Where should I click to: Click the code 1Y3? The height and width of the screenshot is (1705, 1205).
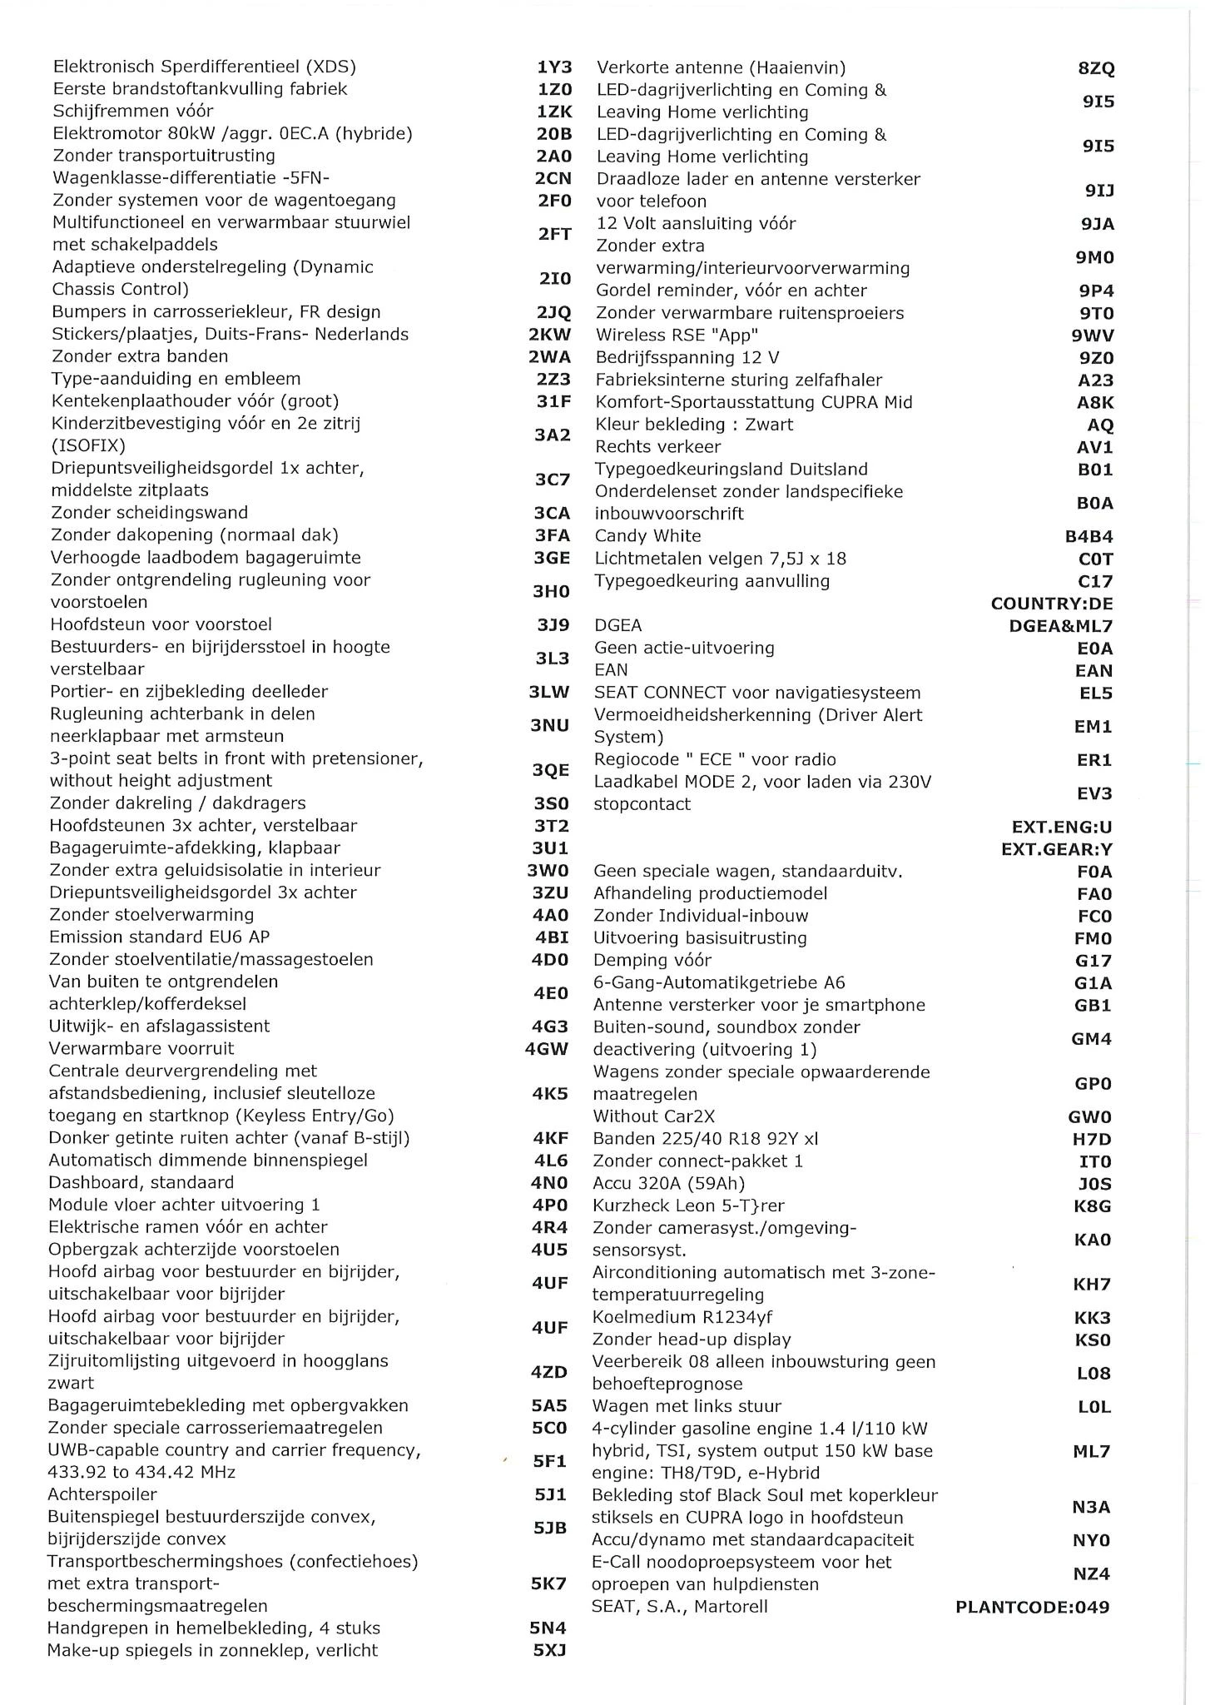554,67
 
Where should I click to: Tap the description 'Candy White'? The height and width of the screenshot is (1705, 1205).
647,536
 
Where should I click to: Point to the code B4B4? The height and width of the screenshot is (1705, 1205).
1088,537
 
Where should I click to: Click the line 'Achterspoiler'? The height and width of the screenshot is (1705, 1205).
102,1494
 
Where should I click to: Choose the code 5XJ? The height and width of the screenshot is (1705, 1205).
549,1651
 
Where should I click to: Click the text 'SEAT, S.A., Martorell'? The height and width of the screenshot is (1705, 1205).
680,1607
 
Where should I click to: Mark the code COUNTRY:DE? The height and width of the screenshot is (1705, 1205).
1052,604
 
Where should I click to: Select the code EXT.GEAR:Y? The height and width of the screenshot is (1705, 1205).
1057,850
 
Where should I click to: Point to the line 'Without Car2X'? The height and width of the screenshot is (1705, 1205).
653,1116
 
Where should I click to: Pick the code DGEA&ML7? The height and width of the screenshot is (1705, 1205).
1060,626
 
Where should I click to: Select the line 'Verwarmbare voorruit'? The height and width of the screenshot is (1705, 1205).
141,1049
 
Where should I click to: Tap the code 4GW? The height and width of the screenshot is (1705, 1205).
547,1049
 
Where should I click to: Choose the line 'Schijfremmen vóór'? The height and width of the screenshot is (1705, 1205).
133,112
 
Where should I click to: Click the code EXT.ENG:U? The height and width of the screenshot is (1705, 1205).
1062,828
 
